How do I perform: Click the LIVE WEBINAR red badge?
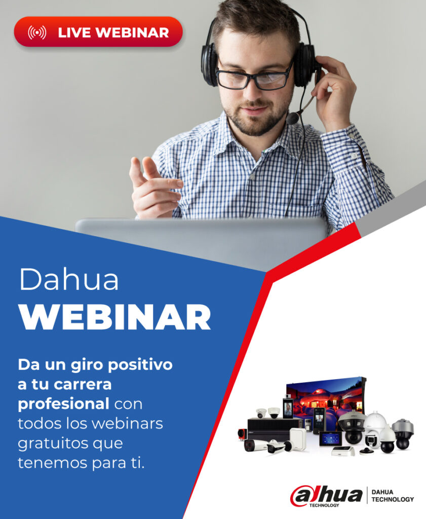pos(98,32)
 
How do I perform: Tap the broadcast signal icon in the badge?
pos(37,32)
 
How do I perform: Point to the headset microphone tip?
pos(292,118)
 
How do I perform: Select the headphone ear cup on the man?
pos(209,64)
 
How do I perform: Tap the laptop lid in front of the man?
pos(203,238)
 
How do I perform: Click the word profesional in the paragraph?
pos(64,404)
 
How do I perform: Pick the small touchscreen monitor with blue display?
pos(330,439)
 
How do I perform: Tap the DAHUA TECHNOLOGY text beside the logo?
pos(393,495)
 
